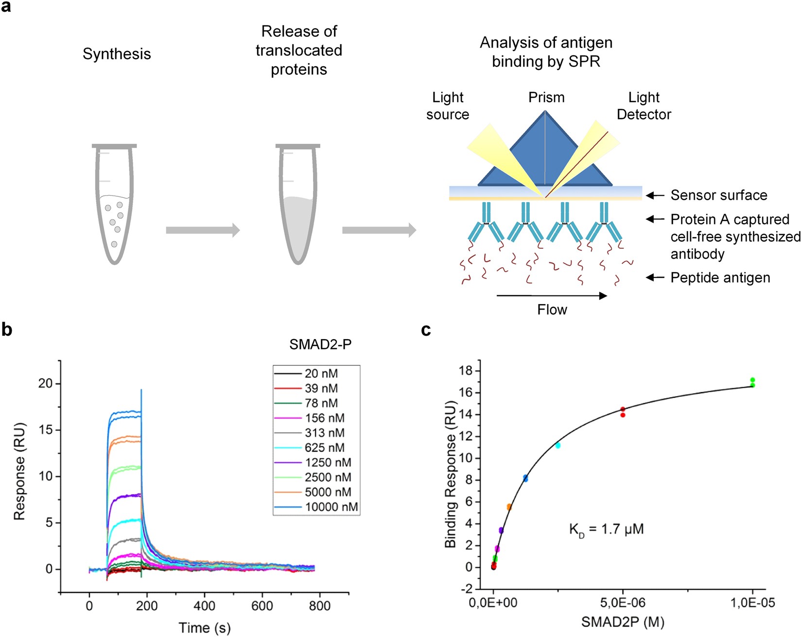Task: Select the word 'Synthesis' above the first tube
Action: pos(117,54)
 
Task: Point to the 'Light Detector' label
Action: pos(644,106)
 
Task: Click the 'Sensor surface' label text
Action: pos(718,195)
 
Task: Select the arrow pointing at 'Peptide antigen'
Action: pos(655,277)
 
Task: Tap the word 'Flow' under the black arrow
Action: pos(552,310)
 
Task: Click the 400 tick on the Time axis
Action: pos(204,606)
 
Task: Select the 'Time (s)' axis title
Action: pos(204,628)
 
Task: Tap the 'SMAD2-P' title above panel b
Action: pos(320,344)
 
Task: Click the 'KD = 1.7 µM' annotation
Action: pos(606,529)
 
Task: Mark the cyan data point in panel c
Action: pos(558,445)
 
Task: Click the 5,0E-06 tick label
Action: pos(623,603)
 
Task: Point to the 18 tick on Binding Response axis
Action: pos(465,371)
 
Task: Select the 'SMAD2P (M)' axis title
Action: pos(623,622)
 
